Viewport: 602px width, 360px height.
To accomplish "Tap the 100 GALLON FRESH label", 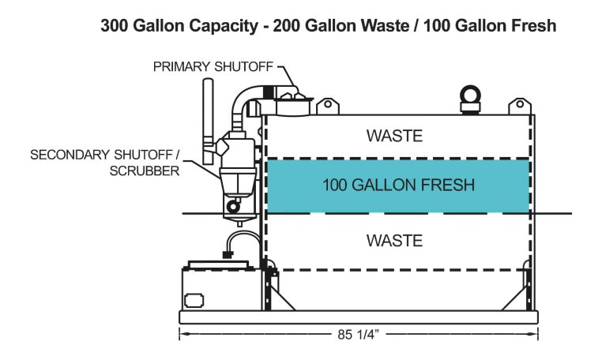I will coord(398,186).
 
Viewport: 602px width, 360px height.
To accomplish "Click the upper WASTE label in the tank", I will coord(394,136).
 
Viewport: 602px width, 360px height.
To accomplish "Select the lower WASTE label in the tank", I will coord(394,240).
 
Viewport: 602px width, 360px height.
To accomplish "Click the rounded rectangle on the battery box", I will coord(194,300).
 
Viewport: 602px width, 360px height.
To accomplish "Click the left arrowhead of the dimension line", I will coord(183,334).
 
